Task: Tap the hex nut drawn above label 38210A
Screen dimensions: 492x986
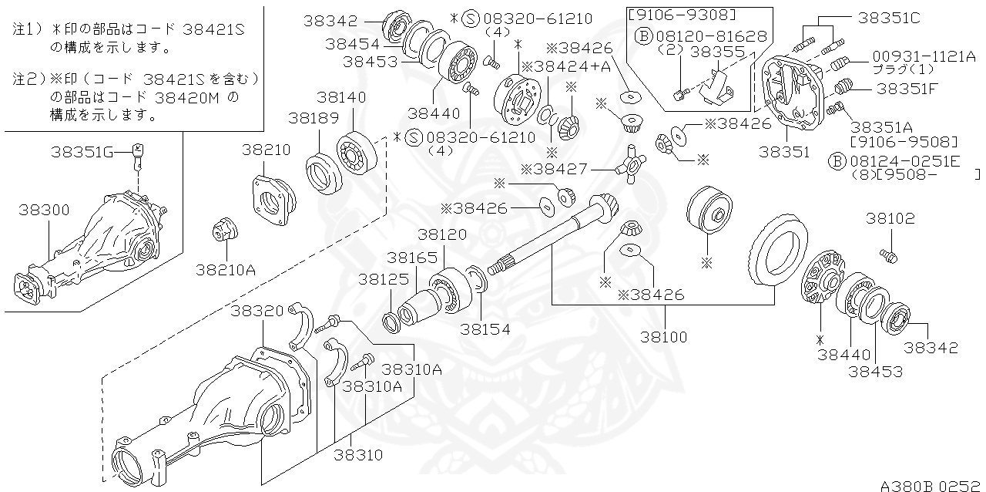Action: [x=226, y=229]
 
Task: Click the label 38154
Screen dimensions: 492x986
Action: [x=485, y=329]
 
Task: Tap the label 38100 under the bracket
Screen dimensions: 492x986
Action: [x=662, y=337]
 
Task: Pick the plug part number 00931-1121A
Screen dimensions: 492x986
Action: [x=923, y=56]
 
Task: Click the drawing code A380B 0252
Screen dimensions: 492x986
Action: [x=930, y=484]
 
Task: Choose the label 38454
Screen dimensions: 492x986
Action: [x=352, y=43]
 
